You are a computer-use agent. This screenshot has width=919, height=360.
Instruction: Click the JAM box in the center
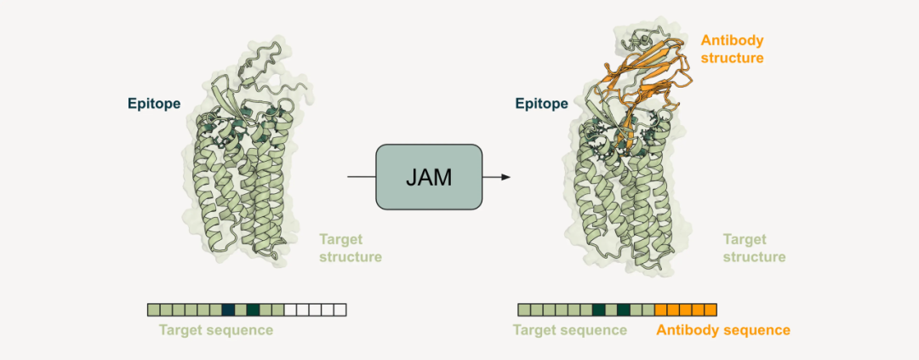point(429,177)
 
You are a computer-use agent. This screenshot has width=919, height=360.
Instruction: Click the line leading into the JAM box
point(361,177)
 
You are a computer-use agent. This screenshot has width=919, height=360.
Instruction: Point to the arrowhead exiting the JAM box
point(505,177)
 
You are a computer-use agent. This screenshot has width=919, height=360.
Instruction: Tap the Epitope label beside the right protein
point(541,104)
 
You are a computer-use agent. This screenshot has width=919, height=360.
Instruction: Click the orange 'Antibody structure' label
point(732,49)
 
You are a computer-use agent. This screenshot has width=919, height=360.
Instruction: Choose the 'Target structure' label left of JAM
point(350,248)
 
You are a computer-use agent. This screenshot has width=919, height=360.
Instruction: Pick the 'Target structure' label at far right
point(754,248)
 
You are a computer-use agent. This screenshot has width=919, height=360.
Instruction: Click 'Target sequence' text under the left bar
point(216,330)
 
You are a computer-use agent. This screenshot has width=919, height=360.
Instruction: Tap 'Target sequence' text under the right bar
point(570,330)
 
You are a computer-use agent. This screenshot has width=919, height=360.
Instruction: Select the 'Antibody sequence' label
point(722,330)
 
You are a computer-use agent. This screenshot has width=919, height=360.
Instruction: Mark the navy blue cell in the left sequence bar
point(228,310)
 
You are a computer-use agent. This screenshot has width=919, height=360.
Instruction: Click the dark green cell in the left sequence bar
point(253,310)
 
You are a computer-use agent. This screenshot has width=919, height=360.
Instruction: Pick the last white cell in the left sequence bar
point(340,310)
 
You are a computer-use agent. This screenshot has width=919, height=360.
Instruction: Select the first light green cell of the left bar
point(153,310)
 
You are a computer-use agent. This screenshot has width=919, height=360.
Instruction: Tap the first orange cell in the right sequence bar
point(661,310)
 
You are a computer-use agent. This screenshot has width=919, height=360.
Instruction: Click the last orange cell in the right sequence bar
point(711,310)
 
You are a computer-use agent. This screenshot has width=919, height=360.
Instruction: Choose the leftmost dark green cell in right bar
point(599,310)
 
